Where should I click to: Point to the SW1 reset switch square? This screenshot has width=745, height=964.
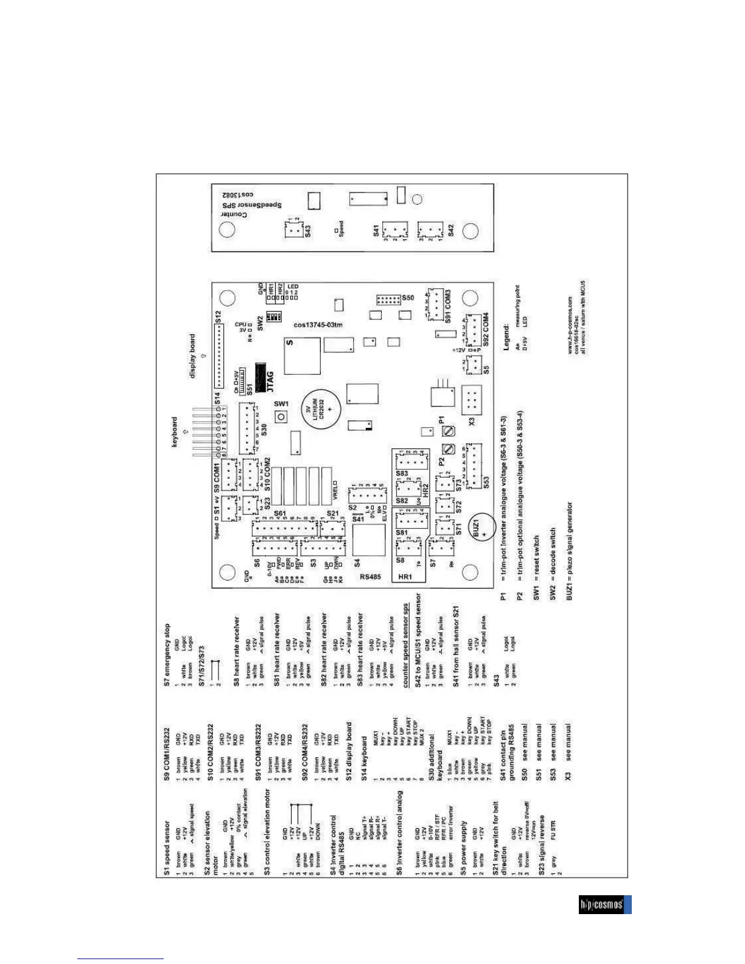coord(281,417)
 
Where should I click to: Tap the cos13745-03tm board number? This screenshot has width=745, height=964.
coord(318,325)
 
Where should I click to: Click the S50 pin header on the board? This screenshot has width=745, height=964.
coord(388,299)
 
